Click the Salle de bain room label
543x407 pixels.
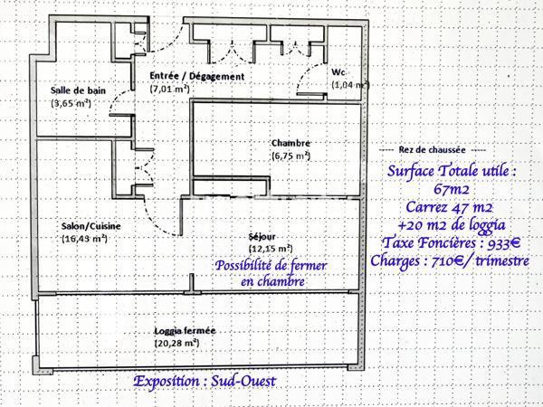[78, 90]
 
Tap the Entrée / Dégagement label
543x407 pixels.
[196, 77]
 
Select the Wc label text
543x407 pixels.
[339, 71]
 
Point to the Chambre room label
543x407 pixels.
[291, 143]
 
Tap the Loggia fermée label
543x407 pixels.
[185, 331]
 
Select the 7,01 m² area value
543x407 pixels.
[169, 90]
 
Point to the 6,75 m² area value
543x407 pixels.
[291, 156]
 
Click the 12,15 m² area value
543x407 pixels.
[270, 248]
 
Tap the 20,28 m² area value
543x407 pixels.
[184, 344]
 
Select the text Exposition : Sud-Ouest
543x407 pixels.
[204, 381]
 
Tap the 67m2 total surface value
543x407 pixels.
[452, 189]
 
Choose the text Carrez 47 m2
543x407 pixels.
[452, 207]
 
